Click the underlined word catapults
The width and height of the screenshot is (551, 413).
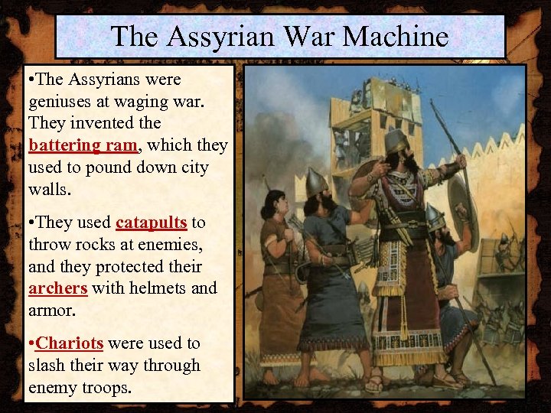pos(151,223)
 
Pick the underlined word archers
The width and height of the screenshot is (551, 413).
pos(57,289)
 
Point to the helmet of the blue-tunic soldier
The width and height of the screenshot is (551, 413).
pos(316,181)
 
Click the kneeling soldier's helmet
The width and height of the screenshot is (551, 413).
pos(434,217)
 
